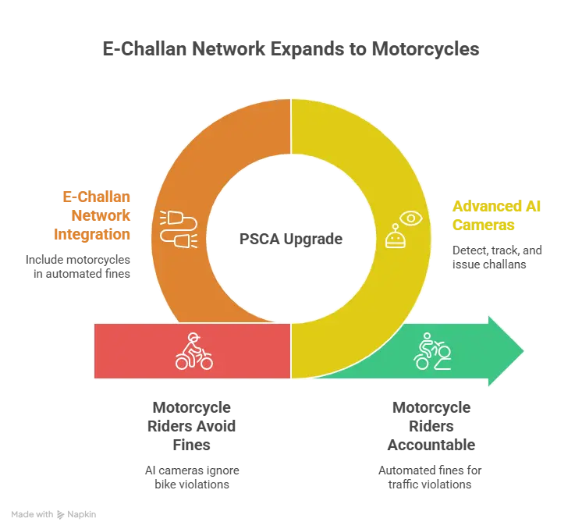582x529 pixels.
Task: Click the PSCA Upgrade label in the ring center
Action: tap(291, 239)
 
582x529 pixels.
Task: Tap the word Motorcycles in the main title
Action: tap(425, 49)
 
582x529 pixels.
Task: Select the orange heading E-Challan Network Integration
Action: tap(92, 215)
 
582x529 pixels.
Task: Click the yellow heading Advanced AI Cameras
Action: tap(496, 215)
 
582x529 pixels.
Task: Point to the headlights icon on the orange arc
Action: tap(179, 229)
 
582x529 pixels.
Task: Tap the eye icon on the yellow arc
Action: tap(411, 218)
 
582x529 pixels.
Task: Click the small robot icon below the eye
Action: tap(396, 236)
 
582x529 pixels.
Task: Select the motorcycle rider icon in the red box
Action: tap(194, 351)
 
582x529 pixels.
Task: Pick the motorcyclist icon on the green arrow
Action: tap(432, 351)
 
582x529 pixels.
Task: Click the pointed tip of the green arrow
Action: tap(523, 351)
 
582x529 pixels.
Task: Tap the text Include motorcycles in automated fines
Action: tap(78, 267)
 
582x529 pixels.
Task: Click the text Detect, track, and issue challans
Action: tap(497, 257)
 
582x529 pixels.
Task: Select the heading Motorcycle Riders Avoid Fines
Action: tap(191, 426)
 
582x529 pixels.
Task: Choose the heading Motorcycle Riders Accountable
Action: tap(431, 426)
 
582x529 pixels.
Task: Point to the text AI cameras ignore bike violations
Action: tap(192, 478)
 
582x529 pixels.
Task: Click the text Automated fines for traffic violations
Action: tap(430, 478)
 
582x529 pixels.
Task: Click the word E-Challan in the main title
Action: tap(144, 49)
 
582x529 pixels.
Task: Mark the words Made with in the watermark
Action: tap(32, 514)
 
